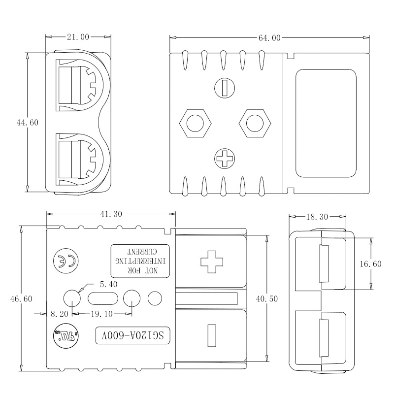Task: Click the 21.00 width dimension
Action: click(77, 37)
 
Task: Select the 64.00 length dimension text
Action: click(269, 38)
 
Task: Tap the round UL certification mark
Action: click(64, 337)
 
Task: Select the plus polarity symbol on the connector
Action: click(212, 261)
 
